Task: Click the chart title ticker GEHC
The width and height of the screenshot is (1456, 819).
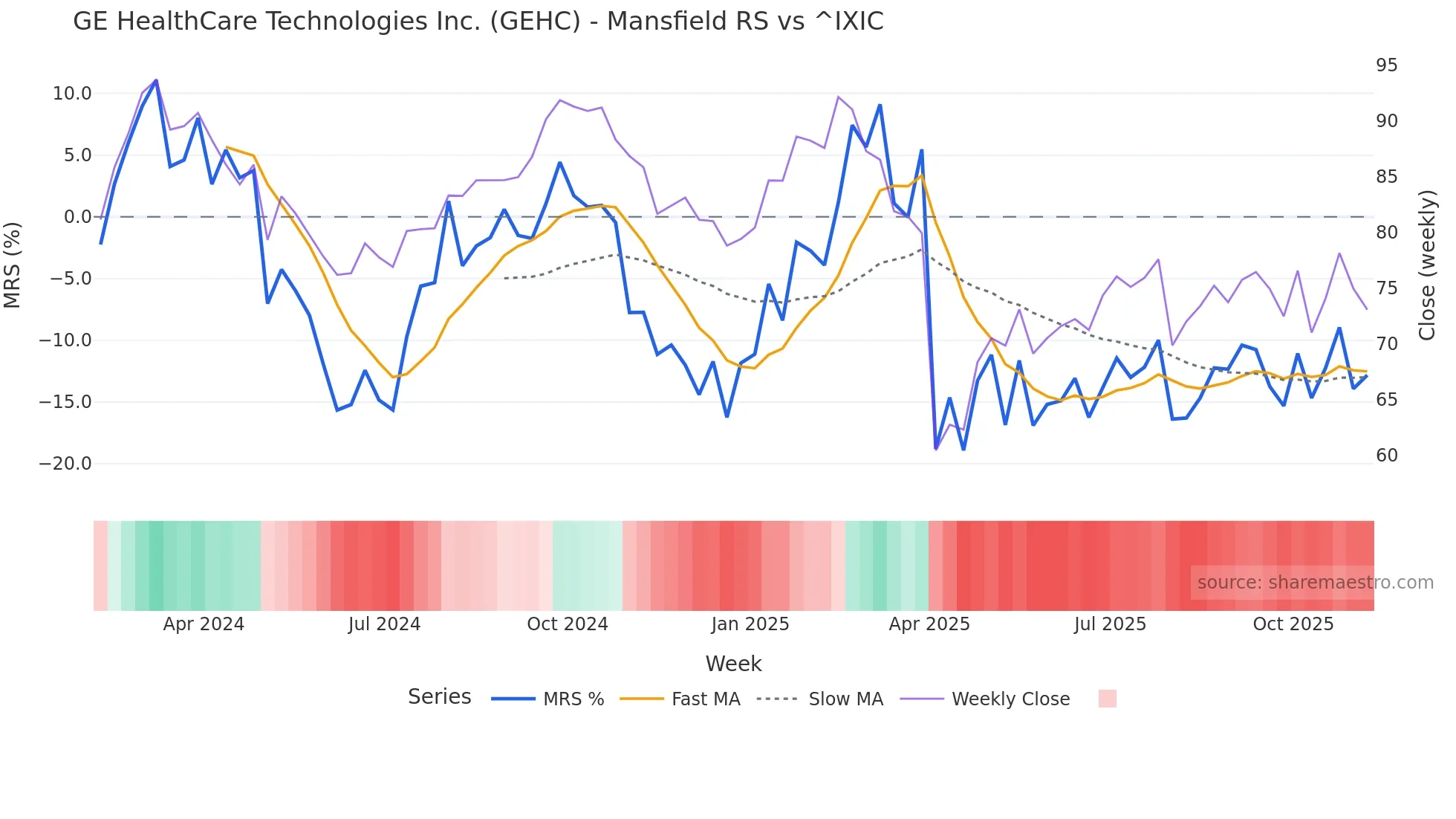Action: pos(535,22)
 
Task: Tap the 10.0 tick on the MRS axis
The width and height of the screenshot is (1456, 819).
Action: pos(72,94)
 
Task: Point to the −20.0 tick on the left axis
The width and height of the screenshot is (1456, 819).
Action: pos(65,464)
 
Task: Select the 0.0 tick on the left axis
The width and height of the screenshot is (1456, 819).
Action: pos(77,217)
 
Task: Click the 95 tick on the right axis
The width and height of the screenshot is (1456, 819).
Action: pos(1386,65)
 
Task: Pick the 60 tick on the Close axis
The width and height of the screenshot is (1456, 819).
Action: pos(1386,456)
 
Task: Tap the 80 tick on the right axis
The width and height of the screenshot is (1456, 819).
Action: pos(1386,233)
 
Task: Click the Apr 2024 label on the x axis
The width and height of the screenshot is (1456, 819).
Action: pos(204,624)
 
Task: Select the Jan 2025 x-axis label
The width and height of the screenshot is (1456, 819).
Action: pos(750,624)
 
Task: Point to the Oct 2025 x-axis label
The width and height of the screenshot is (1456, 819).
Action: pos(1293,624)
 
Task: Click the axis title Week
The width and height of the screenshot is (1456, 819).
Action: pos(733,664)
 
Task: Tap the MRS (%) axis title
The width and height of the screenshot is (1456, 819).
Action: pos(12,265)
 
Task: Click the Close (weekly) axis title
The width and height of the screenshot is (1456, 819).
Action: pos(1427,265)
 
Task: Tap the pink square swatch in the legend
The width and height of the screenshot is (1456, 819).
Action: pos(1107,699)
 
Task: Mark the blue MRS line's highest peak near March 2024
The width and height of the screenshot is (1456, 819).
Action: pos(156,80)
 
